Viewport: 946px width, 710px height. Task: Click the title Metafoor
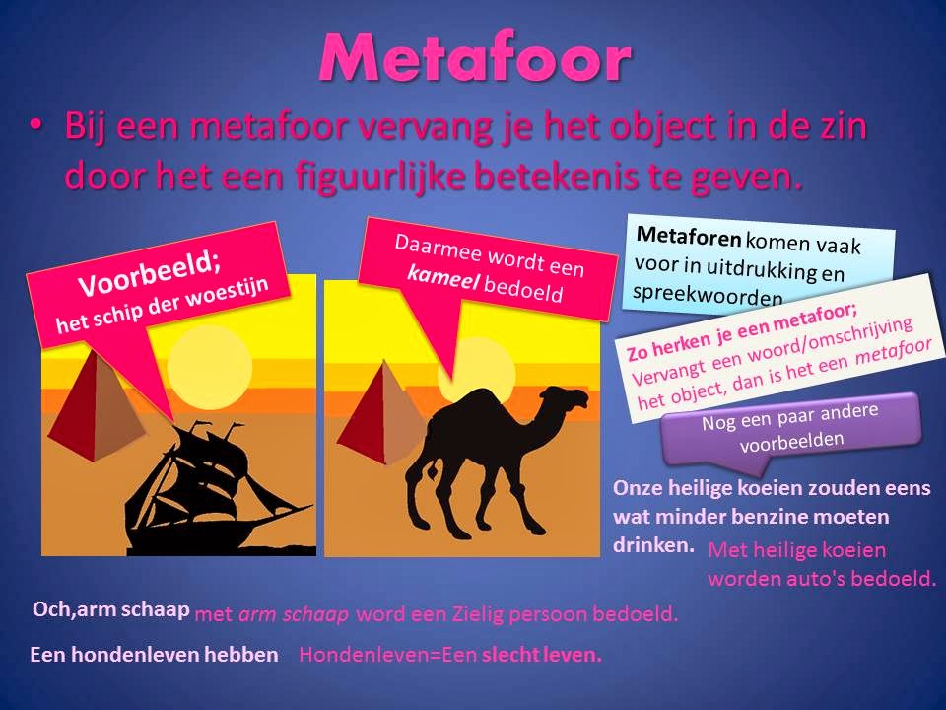(x=474, y=59)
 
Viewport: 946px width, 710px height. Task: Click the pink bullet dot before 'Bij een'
(x=37, y=126)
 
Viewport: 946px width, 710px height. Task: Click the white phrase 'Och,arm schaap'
(x=110, y=609)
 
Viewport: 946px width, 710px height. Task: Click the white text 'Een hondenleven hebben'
(x=155, y=654)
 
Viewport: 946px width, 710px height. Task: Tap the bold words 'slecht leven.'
(x=541, y=654)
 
